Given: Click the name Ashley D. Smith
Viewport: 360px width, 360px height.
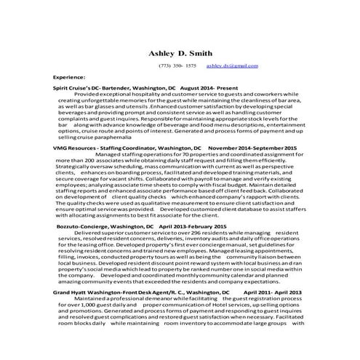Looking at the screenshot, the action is click(180, 53).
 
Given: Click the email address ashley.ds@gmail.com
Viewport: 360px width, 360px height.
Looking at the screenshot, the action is click(232, 65).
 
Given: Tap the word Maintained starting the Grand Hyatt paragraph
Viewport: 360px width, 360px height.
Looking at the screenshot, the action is click(92, 298).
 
